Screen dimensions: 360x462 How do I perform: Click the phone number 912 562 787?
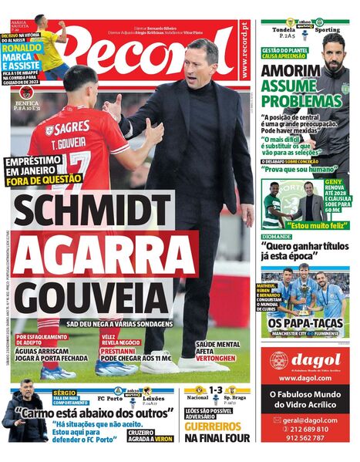click(305, 437)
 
